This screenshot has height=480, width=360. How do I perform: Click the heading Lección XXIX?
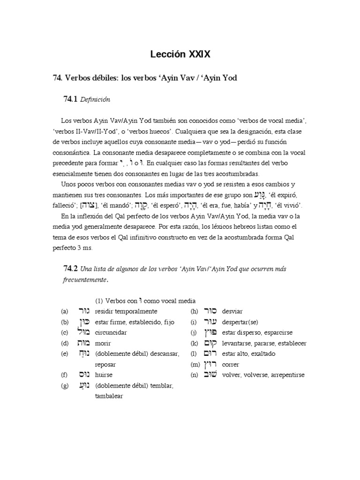pyautogui.click(x=180, y=55)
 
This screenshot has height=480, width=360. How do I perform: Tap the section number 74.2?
pyautogui.click(x=70, y=269)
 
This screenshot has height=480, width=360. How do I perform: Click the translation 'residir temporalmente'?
pyautogui.click(x=126, y=311)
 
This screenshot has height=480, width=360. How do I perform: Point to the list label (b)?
pyautogui.click(x=64, y=322)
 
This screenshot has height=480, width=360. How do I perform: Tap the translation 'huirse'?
pyautogui.click(x=104, y=375)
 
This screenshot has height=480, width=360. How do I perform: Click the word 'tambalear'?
pyautogui.click(x=109, y=396)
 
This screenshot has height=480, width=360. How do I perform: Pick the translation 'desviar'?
pyautogui.click(x=232, y=311)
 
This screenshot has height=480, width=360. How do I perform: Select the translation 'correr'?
pyautogui.click(x=231, y=364)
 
